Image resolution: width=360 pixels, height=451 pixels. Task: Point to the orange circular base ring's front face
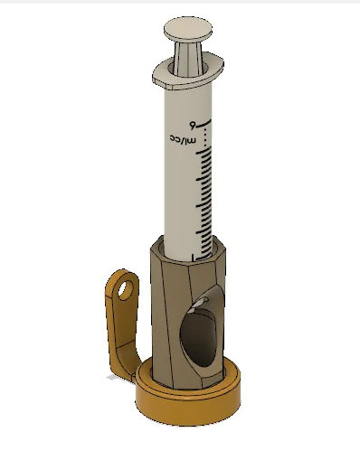[x=190, y=408]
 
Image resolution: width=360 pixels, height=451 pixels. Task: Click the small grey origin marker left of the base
[x=111, y=380]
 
